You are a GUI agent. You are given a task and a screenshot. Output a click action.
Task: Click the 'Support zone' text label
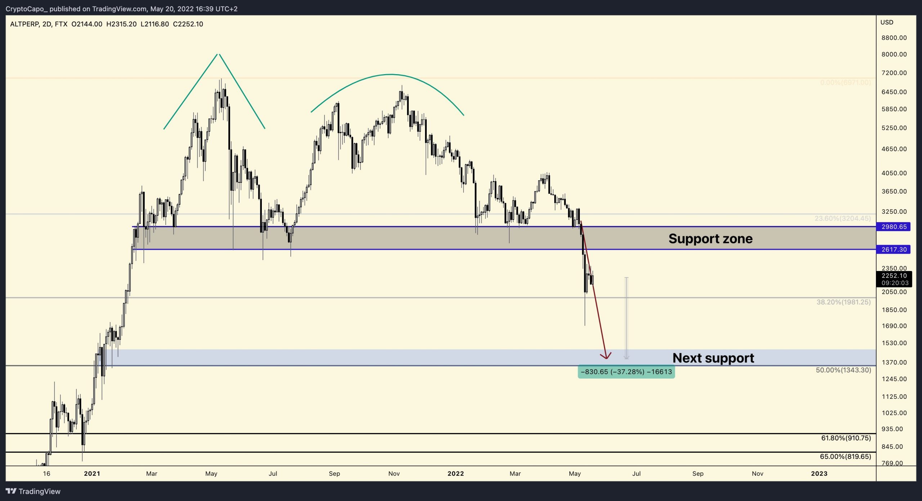[x=710, y=239]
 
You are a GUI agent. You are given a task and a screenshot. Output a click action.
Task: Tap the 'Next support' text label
[x=713, y=358]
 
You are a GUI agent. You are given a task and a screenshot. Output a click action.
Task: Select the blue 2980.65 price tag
[x=894, y=227]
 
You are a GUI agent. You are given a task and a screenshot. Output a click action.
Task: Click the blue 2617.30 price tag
[x=894, y=249]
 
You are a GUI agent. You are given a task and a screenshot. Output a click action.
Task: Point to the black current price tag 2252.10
[x=894, y=276]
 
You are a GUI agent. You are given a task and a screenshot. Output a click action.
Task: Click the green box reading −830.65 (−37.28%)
[x=626, y=372]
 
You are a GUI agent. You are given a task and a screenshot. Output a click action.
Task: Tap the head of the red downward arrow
[x=606, y=357]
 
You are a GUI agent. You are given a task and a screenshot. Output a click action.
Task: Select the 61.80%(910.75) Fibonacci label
[x=846, y=438]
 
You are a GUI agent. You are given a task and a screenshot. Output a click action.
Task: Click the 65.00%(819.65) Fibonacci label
[x=845, y=457]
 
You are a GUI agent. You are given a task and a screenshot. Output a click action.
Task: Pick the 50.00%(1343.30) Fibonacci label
[x=843, y=370]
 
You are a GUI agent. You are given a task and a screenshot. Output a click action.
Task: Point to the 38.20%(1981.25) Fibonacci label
[x=843, y=302]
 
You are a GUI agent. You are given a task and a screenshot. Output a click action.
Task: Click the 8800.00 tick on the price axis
[x=894, y=38]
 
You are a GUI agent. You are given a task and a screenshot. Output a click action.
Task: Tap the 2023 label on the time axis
[x=819, y=474]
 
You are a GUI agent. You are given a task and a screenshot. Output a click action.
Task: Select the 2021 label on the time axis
[x=92, y=474]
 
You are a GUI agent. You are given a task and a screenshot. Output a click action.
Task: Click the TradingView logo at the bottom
[x=33, y=492]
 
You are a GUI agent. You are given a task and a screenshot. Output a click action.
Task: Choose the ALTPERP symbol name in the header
[x=24, y=24]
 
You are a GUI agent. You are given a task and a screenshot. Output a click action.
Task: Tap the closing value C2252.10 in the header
[x=188, y=24]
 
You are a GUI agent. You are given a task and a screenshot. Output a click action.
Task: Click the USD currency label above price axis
[x=887, y=22]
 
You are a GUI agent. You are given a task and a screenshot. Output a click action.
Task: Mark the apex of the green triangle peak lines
[x=218, y=54]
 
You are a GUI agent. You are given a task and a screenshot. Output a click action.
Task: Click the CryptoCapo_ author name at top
[x=26, y=9]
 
